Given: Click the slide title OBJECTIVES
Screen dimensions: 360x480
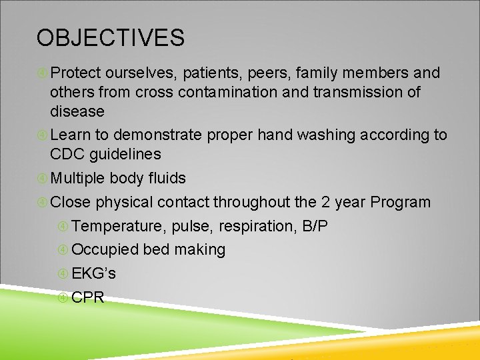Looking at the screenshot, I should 110,38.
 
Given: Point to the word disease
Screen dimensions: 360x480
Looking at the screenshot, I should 77,111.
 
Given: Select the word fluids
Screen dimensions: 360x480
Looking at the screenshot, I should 167,178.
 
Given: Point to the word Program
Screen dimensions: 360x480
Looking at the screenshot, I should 400,202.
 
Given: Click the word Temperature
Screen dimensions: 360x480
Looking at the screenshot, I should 117,226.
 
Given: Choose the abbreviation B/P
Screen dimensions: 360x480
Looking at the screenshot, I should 315,226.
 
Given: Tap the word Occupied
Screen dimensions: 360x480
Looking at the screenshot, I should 105,250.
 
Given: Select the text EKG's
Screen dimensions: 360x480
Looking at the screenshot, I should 93,273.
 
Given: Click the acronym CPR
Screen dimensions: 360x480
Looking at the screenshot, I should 88,297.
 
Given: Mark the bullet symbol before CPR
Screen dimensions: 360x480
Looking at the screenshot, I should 63,297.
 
